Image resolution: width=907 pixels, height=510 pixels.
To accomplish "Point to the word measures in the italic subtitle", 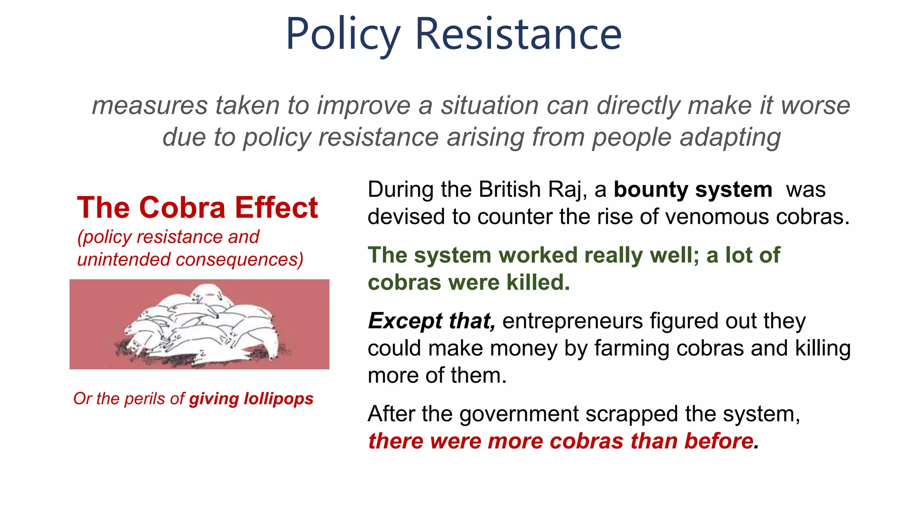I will [150, 106].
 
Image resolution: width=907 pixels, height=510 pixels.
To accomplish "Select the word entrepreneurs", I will [572, 321].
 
